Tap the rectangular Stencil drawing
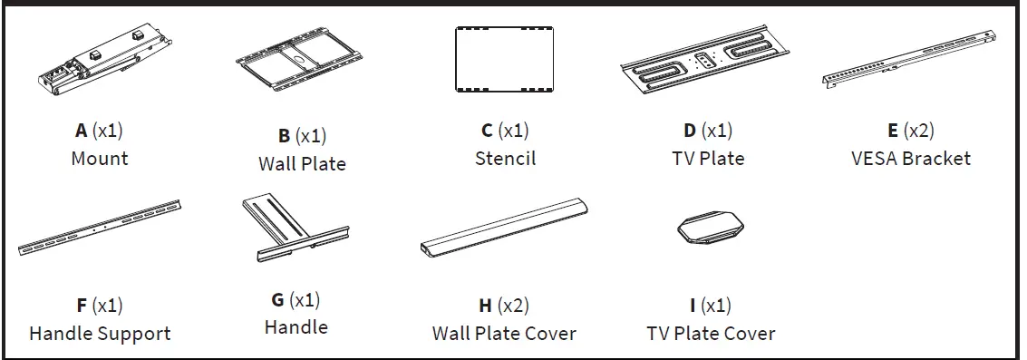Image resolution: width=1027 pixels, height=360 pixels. click(x=505, y=60)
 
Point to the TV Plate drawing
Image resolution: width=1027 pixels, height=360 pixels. click(x=709, y=65)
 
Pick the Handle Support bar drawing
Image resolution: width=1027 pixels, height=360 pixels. click(x=100, y=228)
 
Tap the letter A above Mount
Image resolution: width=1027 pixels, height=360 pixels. click(x=82, y=131)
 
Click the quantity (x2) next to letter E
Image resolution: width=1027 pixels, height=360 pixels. click(x=920, y=131)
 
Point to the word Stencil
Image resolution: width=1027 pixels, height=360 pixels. click(x=505, y=158)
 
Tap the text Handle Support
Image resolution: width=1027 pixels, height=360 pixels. click(x=100, y=333)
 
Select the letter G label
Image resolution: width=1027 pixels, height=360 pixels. click(x=277, y=300)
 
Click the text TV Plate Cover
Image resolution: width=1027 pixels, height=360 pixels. click(x=711, y=333)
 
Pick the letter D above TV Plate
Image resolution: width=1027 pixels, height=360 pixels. click(x=690, y=131)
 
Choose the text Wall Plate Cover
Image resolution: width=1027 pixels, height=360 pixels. click(x=504, y=333)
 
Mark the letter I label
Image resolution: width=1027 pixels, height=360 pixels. click(x=693, y=306)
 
